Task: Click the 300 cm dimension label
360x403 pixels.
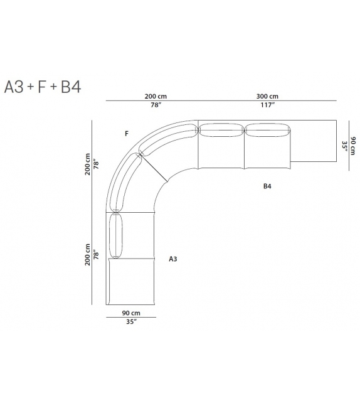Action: point(267,97)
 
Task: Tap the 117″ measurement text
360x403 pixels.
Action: point(268,105)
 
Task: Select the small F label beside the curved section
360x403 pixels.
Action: point(126,134)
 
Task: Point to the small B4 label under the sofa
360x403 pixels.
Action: point(267,186)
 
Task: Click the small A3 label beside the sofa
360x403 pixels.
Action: point(173,259)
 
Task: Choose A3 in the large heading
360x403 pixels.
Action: point(14,87)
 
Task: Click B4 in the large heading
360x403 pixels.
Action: point(71,87)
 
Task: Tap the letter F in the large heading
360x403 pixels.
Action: point(42,87)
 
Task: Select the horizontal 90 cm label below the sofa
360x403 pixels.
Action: point(131,313)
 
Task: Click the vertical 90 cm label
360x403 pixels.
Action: point(353,146)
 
